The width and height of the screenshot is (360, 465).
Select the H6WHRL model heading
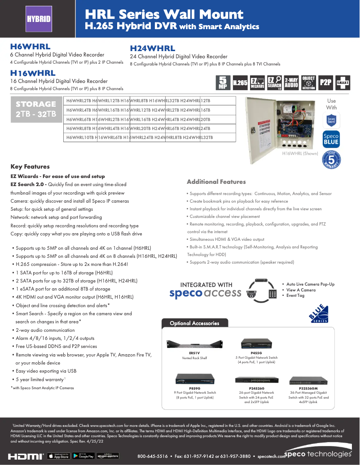pos(30,47)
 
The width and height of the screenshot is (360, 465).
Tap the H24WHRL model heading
pos(152,49)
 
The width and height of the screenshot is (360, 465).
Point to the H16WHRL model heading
pos(33,73)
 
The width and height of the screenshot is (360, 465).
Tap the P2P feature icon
pos(325,83)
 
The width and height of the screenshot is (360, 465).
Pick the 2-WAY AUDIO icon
pos(291,83)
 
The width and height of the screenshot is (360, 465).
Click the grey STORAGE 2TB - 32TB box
pos(36,109)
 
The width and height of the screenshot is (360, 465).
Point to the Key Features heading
pos(30,166)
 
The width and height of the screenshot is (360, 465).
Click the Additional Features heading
pos(216,182)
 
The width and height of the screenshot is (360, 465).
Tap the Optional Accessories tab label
pos(194,323)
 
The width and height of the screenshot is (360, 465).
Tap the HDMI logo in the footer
pos(26,456)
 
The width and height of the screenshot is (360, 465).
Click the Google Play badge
pos(86,456)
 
